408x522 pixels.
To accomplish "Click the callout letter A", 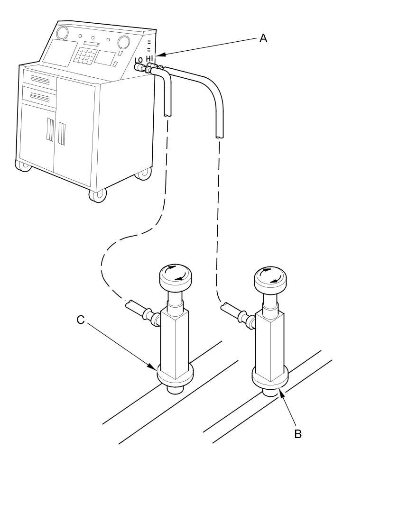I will [263, 38].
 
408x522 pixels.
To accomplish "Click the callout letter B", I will [298, 433].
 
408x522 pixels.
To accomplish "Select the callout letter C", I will [81, 320].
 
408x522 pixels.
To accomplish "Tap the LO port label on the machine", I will [139, 60].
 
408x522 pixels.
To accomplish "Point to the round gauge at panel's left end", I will [62, 34].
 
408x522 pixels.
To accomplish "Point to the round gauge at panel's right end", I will [124, 42].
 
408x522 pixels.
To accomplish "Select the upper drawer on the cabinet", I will [40, 80].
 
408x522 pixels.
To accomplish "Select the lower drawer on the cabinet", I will [40, 97].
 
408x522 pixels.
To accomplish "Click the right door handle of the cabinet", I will [62, 133].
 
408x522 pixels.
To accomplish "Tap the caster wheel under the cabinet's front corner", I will [97, 195].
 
